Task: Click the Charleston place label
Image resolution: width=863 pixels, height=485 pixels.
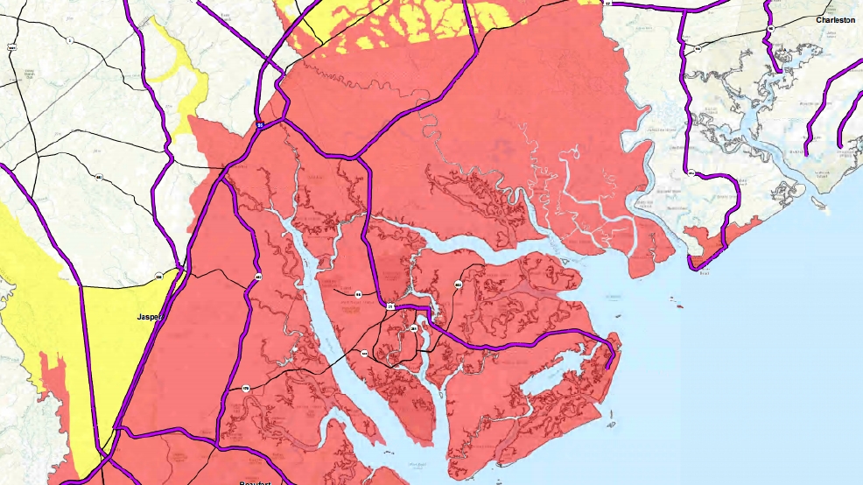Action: (836, 19)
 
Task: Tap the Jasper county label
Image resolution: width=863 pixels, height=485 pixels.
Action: (151, 317)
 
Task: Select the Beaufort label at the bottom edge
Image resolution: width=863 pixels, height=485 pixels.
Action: (257, 481)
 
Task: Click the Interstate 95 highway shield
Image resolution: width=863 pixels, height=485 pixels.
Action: (260, 126)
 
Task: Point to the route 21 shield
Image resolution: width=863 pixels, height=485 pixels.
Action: (390, 306)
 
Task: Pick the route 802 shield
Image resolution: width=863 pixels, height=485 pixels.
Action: (458, 285)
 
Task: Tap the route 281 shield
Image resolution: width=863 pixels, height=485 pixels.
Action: (413, 327)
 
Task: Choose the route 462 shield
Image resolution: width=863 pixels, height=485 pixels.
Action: (258, 277)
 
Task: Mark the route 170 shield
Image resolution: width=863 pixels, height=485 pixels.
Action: (246, 388)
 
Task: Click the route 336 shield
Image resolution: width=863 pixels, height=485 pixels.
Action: (158, 277)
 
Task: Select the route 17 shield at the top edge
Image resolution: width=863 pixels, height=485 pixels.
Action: (606, 4)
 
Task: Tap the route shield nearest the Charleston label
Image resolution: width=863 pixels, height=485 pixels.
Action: (771, 29)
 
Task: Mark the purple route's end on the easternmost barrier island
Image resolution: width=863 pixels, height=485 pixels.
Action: (607, 368)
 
